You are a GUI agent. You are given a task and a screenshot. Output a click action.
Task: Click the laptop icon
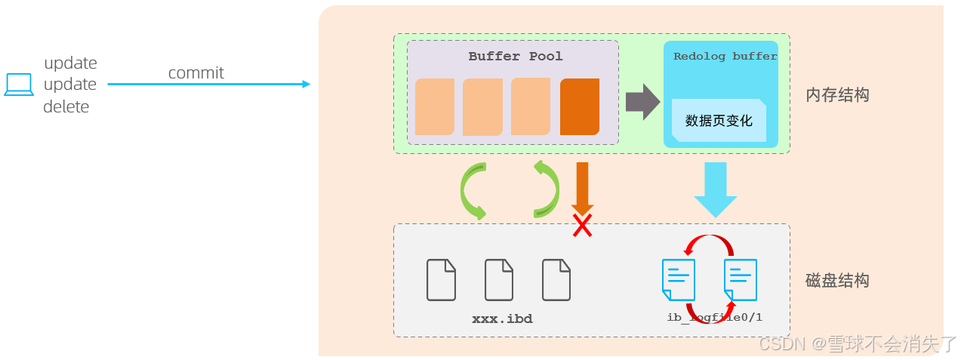coord(19,85)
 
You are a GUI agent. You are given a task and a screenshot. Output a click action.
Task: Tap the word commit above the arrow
coord(196,73)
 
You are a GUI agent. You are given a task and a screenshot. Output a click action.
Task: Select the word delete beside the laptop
coord(66,107)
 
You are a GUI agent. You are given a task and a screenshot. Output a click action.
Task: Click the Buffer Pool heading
coord(516,57)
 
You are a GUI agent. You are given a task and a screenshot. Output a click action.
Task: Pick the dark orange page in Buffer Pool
coord(580,106)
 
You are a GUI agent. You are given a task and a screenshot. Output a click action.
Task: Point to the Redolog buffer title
coord(725,57)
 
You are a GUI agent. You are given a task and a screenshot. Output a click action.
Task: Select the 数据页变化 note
coord(719,121)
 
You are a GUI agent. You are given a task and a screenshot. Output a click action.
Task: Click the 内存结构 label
coord(837,95)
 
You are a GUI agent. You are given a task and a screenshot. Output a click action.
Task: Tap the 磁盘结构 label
coord(837,281)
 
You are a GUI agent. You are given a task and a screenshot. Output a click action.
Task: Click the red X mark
coord(581,225)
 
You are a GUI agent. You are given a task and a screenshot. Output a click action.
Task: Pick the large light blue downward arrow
coord(715,189)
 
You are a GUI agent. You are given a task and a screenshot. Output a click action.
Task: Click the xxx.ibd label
coord(502,319)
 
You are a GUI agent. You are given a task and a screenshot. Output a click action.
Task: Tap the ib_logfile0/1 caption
coord(714,317)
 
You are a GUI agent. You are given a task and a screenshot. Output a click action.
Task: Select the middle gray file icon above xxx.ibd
coord(499,279)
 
